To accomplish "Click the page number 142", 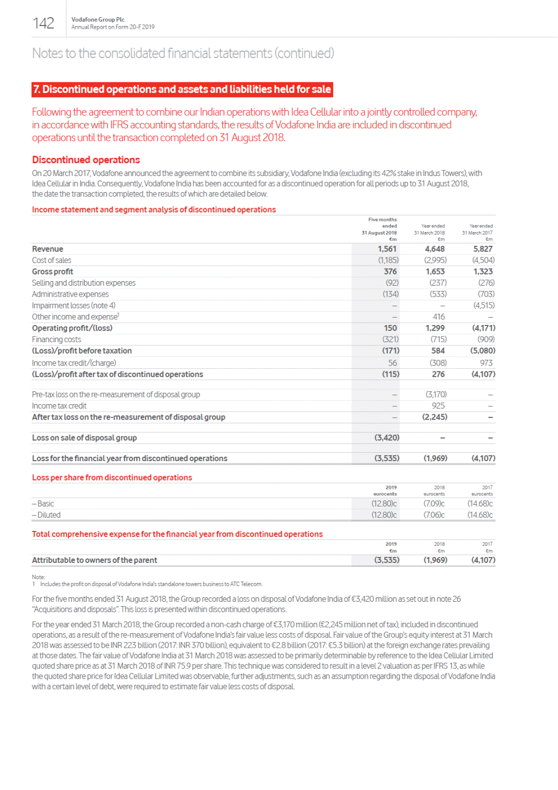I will pos(43,23).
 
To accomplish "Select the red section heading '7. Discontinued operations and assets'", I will pos(182,89).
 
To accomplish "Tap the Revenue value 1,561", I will pos(387,249).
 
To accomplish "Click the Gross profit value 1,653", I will pos(435,271).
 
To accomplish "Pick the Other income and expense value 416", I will pos(438,317).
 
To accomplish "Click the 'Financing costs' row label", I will pos(56,339).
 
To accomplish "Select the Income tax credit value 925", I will pos(438,406).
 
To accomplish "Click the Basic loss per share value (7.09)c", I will pos(434,504).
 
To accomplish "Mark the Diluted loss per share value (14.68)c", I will pos(480,515).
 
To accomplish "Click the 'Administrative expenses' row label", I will pos(70,294).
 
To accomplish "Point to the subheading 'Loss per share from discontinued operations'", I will pos(112,478).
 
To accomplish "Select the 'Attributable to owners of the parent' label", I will pos(95,560).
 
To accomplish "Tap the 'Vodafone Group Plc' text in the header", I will pos(98,19).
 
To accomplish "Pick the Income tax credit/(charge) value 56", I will pos(392,363).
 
